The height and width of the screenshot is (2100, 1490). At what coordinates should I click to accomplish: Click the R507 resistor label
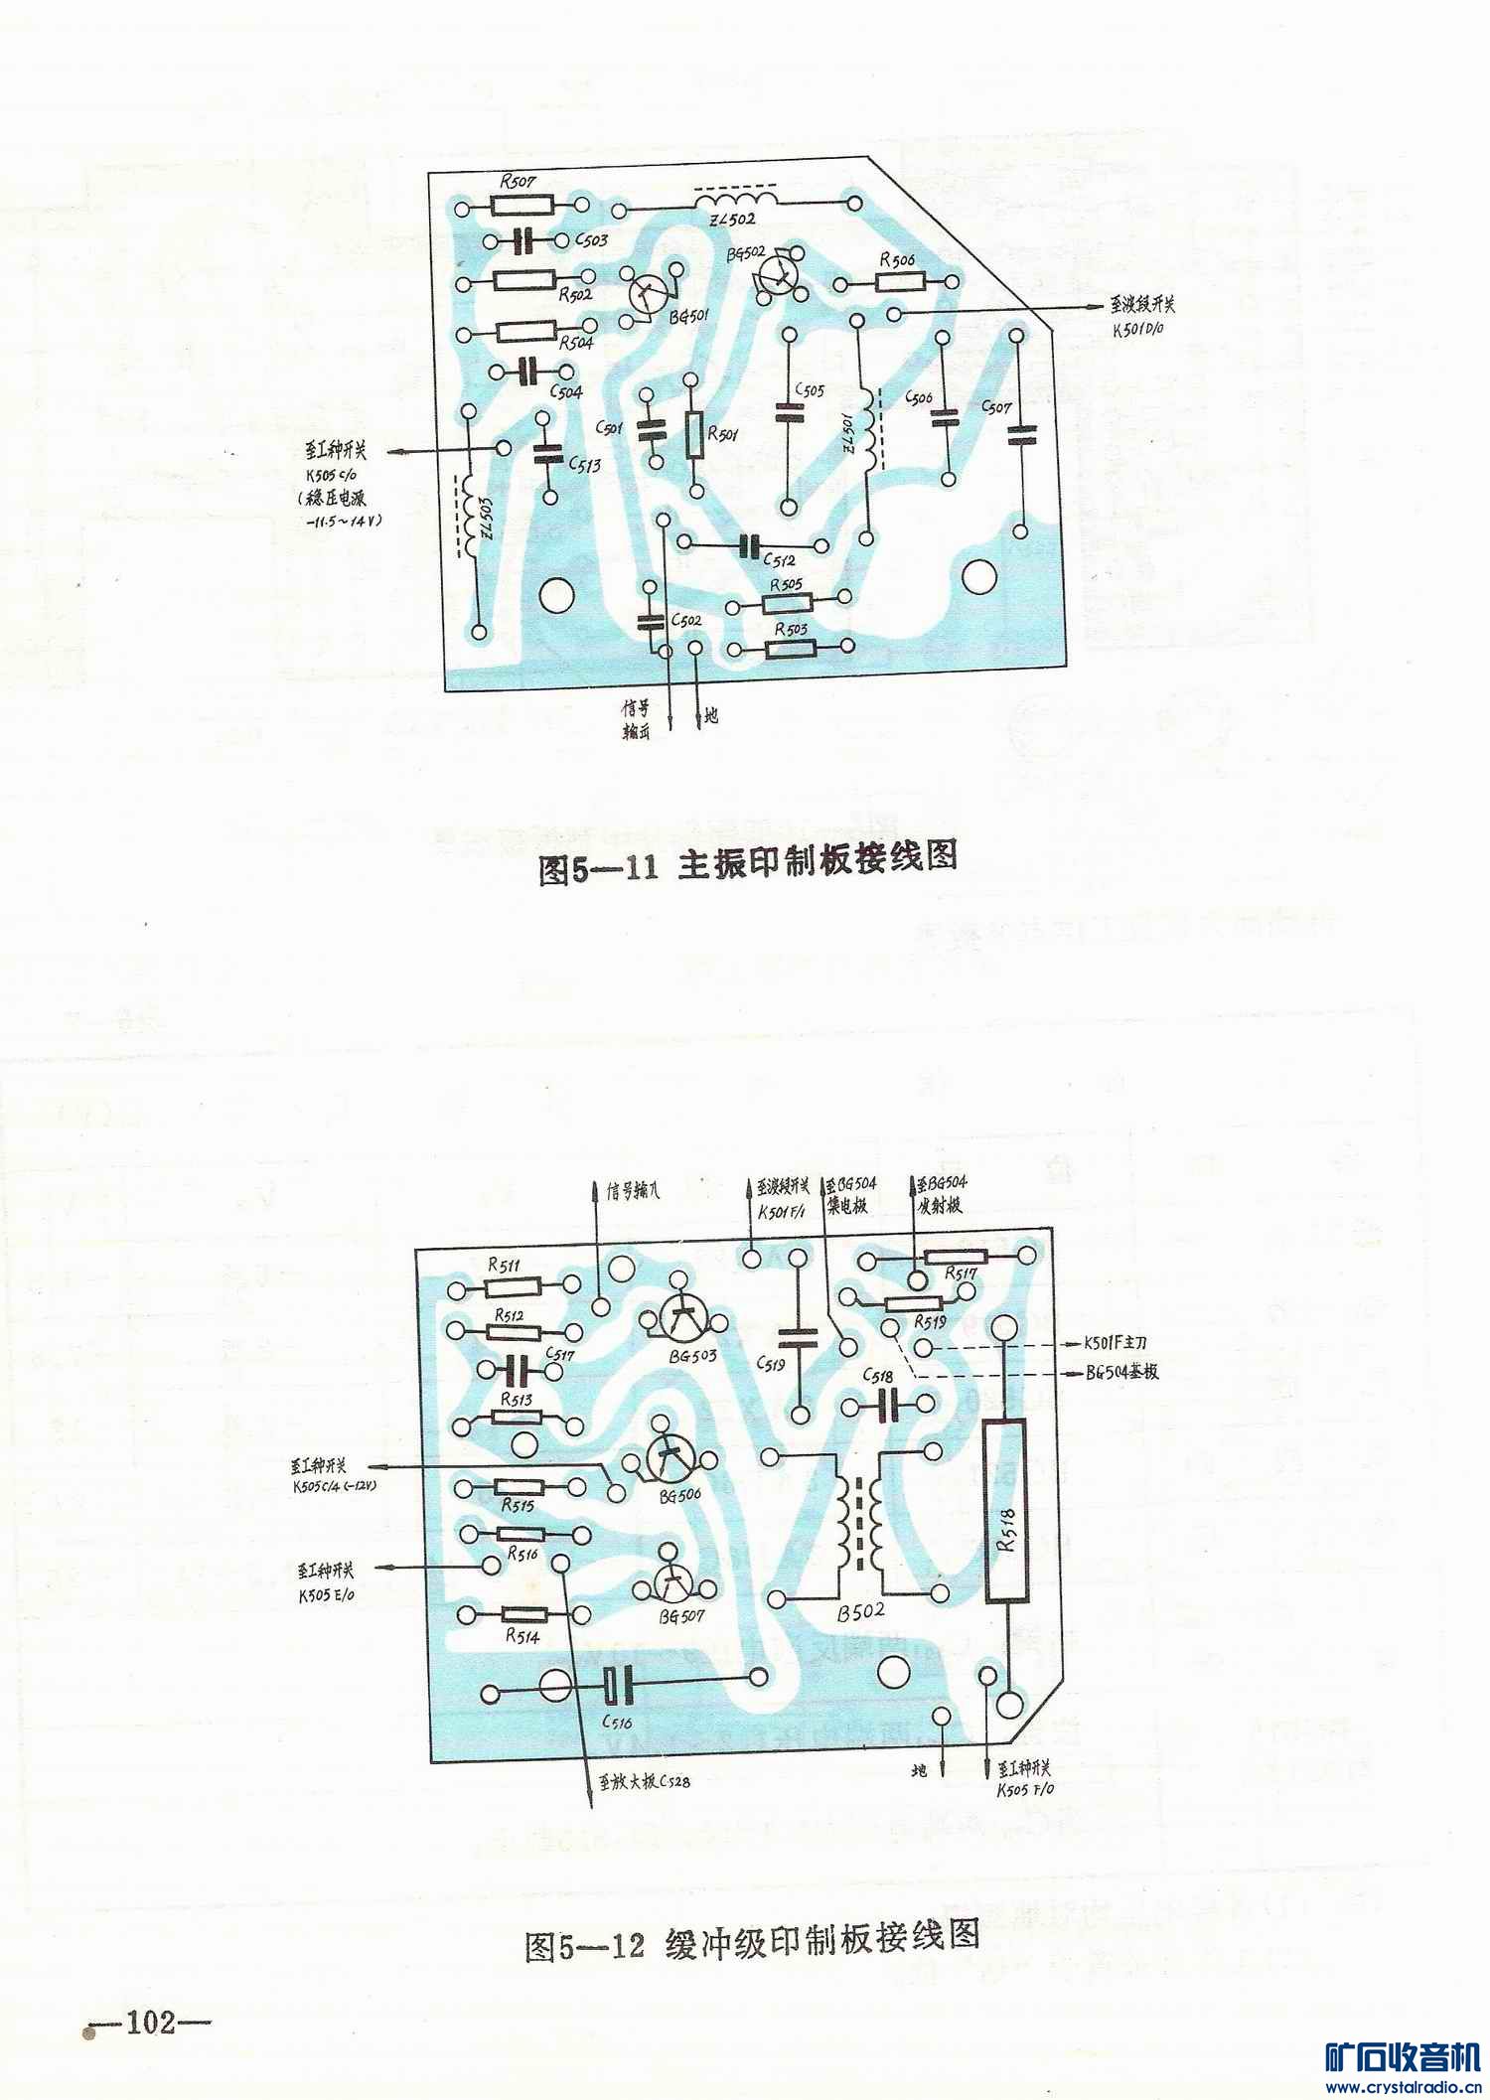click(x=518, y=183)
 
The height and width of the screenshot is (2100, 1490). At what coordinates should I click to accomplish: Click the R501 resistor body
click(x=695, y=434)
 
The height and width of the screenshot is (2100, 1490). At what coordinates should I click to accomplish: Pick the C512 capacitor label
click(x=780, y=560)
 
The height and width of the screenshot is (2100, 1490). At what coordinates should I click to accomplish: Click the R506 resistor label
click(x=897, y=260)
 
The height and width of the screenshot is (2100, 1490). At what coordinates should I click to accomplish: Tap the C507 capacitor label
click(x=996, y=406)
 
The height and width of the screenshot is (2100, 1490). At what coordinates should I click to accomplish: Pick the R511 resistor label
click(x=504, y=1266)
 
